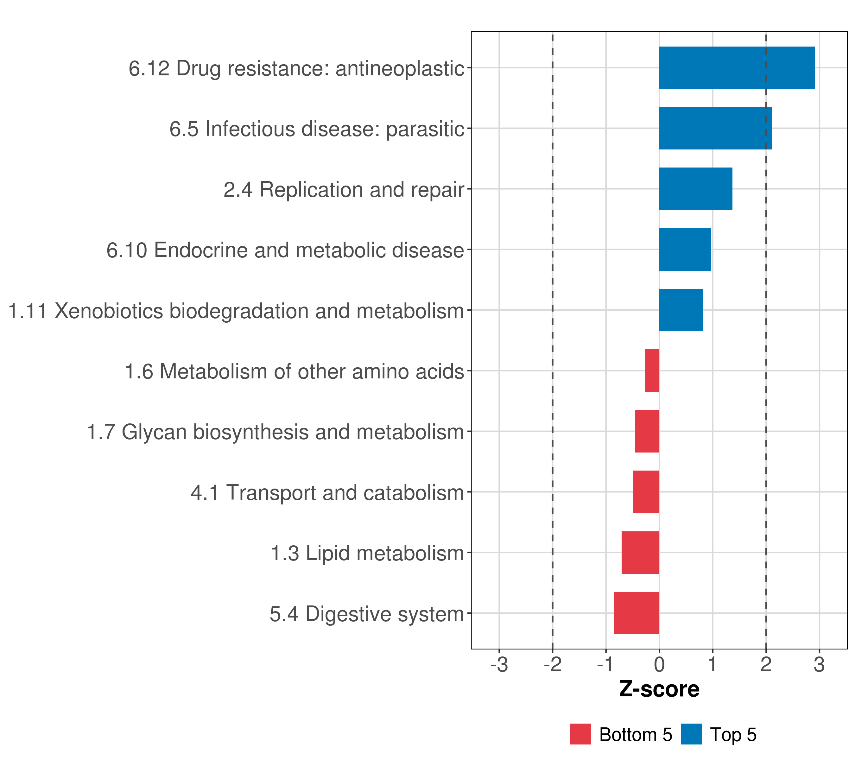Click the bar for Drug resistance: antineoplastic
pyautogui.click(x=737, y=68)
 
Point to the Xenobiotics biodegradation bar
pyautogui.click(x=681, y=310)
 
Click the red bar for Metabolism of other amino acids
pyautogui.click(x=652, y=370)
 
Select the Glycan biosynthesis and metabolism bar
pyautogui.click(x=647, y=431)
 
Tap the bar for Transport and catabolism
pyautogui.click(x=646, y=492)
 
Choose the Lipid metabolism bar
pyautogui.click(x=640, y=553)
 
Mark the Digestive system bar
pyautogui.click(x=636, y=613)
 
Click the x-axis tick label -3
pyautogui.click(x=499, y=665)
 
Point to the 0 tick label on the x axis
pyautogui.click(x=659, y=665)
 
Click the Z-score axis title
pyautogui.click(x=659, y=689)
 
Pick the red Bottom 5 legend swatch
pyautogui.click(x=580, y=734)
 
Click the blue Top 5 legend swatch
pyautogui.click(x=691, y=734)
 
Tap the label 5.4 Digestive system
pyautogui.click(x=367, y=614)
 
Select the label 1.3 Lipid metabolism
pyautogui.click(x=367, y=553)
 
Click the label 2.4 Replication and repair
pyautogui.click(x=344, y=189)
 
